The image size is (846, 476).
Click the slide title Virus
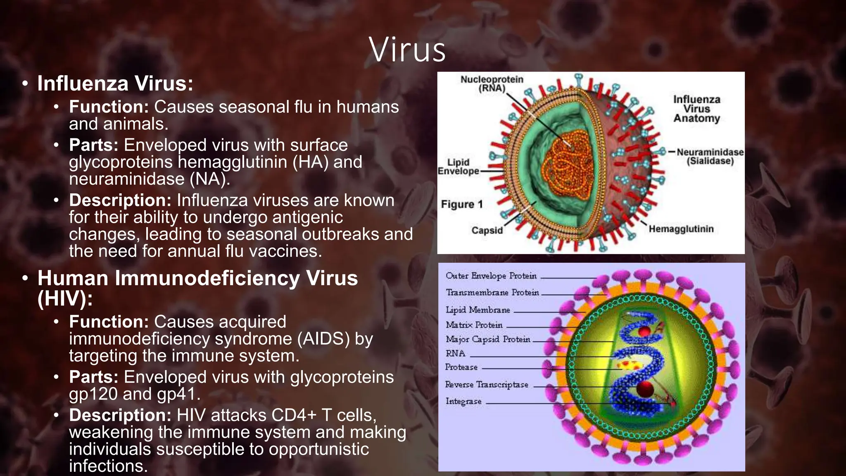click(x=407, y=50)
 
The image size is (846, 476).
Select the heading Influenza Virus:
click(x=115, y=83)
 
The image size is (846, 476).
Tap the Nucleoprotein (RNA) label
click(x=492, y=83)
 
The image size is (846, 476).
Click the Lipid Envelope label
click(x=458, y=167)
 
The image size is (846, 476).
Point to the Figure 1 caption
click(x=461, y=204)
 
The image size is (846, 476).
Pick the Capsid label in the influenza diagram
click(x=487, y=230)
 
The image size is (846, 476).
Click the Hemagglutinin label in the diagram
click(x=681, y=229)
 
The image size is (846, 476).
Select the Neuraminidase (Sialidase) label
click(x=710, y=157)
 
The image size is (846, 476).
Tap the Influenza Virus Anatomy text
click(x=696, y=109)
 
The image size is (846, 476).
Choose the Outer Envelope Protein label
click(x=491, y=276)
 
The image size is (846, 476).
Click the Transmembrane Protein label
click(x=492, y=293)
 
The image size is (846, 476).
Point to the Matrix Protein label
click(x=474, y=325)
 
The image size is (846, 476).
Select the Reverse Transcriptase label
click(x=487, y=384)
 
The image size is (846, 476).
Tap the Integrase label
click(x=463, y=401)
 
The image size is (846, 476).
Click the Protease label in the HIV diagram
click(x=461, y=367)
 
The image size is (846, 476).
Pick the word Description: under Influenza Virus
click(x=120, y=200)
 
